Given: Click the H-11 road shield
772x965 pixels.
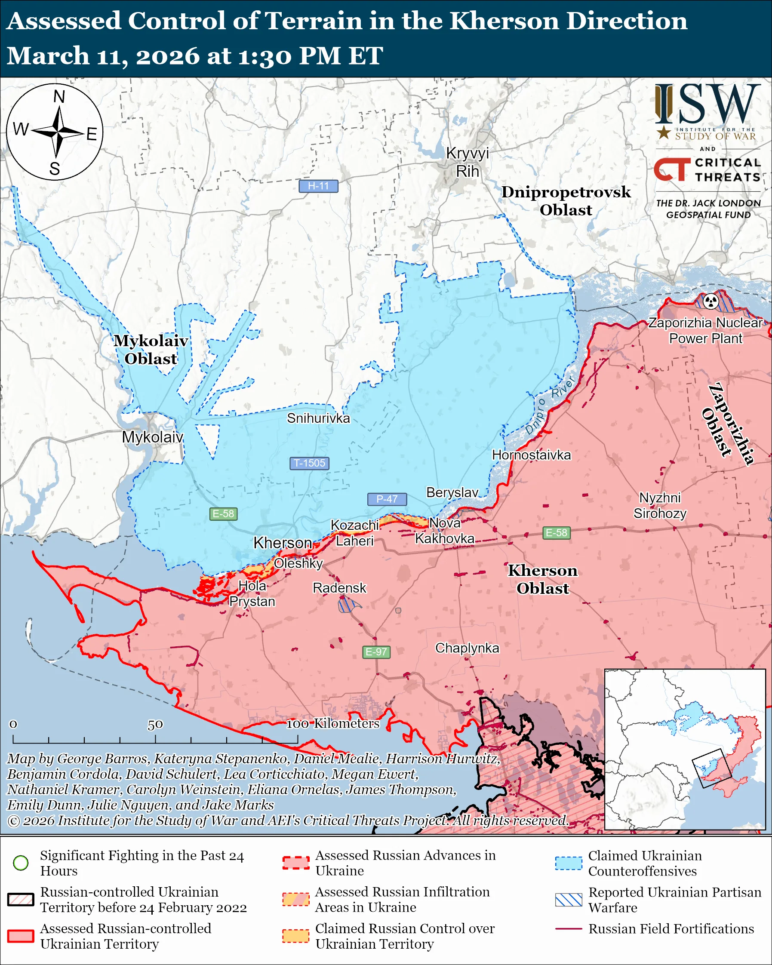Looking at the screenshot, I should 318,186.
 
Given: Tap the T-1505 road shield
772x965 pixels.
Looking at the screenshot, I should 309,463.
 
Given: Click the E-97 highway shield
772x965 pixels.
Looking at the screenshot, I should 376,652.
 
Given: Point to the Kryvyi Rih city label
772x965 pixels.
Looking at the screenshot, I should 467,162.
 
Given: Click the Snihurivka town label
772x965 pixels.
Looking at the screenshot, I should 318,418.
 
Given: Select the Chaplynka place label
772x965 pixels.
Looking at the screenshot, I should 467,648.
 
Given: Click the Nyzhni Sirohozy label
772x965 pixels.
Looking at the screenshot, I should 660,505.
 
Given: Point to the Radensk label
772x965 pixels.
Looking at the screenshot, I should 339,588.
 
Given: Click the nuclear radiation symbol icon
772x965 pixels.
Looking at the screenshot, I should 710,301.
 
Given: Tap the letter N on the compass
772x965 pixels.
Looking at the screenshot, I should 59,97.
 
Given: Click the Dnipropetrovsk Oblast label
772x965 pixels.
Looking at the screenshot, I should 566,200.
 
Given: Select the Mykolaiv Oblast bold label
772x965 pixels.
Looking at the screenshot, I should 151,350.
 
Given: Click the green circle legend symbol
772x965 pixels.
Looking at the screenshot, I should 21,863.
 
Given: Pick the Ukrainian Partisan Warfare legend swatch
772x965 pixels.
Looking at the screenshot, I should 569,899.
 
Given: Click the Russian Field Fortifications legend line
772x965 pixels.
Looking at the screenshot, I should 569,929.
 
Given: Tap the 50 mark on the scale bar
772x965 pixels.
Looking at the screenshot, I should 155,724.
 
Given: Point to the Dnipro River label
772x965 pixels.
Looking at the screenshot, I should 550,406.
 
